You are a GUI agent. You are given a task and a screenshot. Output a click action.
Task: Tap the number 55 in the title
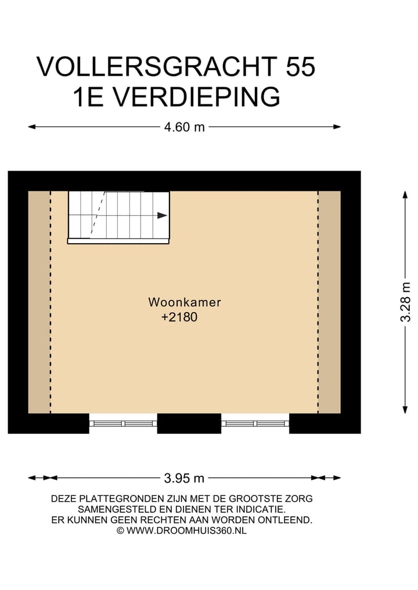[300, 67]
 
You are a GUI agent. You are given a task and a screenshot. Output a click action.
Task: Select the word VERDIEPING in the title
[196, 97]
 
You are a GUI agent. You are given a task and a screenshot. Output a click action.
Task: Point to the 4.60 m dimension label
[185, 127]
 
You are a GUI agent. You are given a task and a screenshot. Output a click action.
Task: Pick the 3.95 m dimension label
[185, 479]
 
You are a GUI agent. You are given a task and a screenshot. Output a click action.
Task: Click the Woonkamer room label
[185, 302]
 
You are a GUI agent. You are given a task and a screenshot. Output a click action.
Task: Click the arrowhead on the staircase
[163, 215]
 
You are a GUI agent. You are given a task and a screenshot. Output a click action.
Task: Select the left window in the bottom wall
[123, 424]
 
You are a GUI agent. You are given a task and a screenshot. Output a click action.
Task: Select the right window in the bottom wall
[255, 424]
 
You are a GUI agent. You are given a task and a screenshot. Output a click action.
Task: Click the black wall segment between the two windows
[189, 424]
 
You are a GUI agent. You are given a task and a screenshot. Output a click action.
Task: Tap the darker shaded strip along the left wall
[39, 302]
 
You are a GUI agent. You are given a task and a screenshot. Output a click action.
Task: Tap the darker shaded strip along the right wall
[329, 302]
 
